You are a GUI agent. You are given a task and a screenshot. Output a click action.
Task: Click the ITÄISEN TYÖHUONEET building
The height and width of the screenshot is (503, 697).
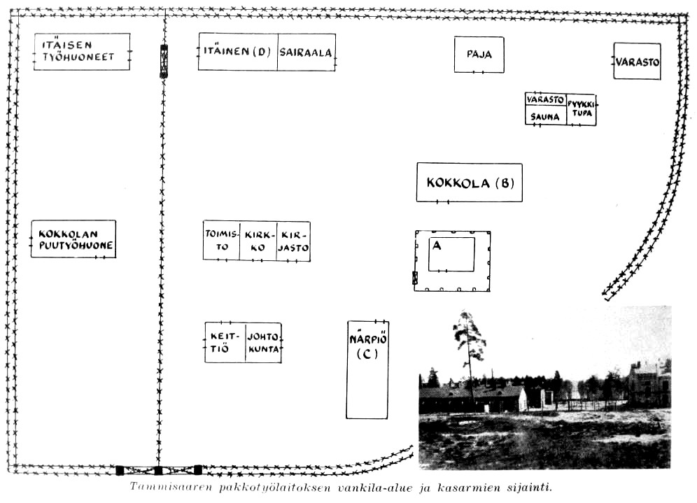pos(82,51)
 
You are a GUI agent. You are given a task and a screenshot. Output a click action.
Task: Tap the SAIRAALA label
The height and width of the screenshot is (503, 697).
pos(305,52)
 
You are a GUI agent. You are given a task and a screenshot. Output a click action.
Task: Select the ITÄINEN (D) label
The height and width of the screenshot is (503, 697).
pos(237,52)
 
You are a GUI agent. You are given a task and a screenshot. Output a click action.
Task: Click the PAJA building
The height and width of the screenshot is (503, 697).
pos(479,55)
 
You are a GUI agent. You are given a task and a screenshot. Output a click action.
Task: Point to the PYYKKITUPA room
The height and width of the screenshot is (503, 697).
pos(581,108)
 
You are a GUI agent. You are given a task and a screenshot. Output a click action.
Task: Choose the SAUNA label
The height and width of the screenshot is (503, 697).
pos(545,117)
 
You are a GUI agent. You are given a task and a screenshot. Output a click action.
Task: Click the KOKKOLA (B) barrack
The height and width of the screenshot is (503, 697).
pos(469,183)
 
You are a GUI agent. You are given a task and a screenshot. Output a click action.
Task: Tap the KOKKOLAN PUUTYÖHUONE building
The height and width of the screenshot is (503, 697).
pos(73,239)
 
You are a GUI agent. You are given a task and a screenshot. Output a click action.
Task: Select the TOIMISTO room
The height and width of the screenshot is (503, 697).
pos(221,241)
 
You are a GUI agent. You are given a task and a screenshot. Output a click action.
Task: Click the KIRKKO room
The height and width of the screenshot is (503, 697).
pos(258,241)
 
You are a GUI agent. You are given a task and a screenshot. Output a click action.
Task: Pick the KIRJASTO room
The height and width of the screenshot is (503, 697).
pos(293,241)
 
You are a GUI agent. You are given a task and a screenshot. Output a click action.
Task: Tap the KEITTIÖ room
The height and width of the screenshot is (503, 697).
pos(225,342)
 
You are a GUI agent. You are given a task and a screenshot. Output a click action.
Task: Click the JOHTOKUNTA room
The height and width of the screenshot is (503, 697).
pos(263,342)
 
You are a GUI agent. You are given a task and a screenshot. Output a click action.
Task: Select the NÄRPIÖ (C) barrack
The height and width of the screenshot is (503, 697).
pos(367,369)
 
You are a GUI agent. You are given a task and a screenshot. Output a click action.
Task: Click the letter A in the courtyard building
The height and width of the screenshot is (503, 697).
pos(437,246)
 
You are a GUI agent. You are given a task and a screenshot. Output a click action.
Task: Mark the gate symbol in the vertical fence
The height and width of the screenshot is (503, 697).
pos(164,60)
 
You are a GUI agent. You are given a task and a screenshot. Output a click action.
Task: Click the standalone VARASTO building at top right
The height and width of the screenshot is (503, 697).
pos(637,62)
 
